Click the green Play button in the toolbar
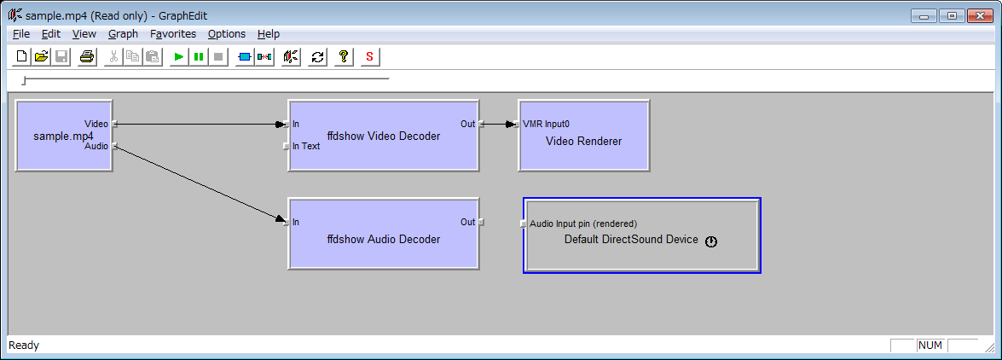pos(179,57)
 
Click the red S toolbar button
pos(369,57)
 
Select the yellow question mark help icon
pos(343,57)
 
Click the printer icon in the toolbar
pos(87,57)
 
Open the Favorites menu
pos(173,34)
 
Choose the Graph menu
pos(124,34)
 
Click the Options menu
pos(227,34)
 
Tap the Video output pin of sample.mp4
pos(114,124)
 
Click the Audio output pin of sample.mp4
pos(114,147)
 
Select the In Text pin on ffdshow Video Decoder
pos(287,147)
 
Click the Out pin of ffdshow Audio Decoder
pos(480,223)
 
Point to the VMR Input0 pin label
pos(546,124)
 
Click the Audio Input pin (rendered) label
pos(583,224)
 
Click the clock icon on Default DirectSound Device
pos(711,241)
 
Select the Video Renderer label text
pos(583,142)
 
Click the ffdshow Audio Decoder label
pos(384,240)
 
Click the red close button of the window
pos(979,15)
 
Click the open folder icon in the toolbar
pos(42,57)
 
